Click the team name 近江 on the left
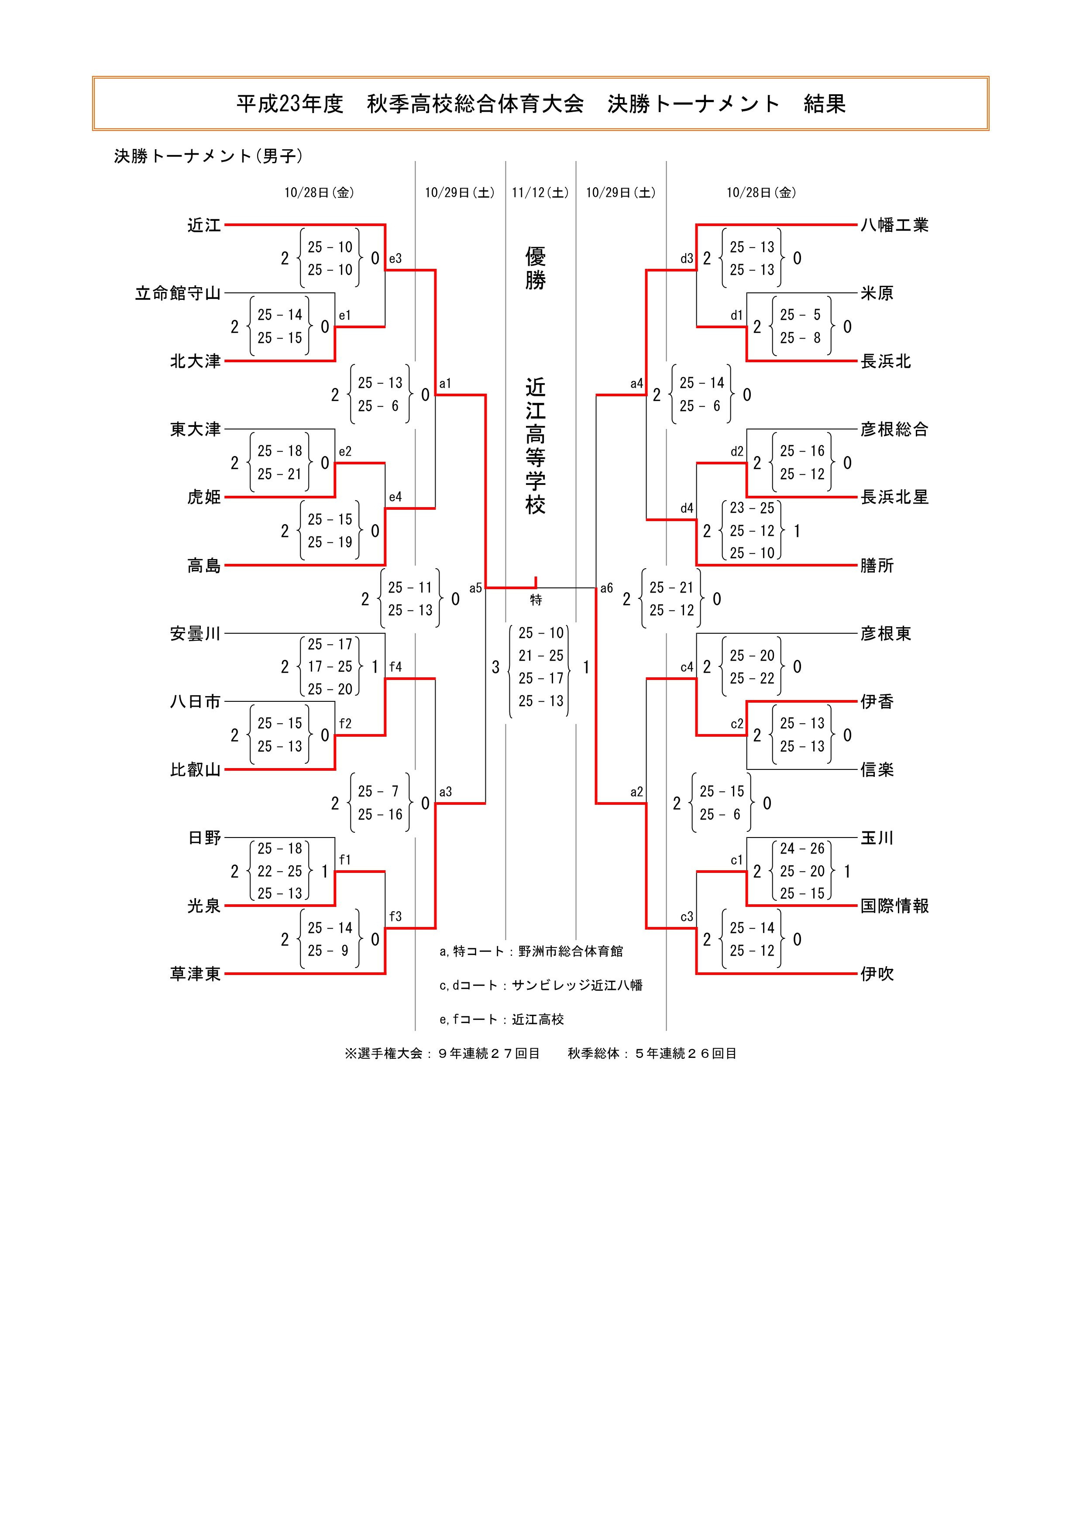tap(203, 225)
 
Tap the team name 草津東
tap(195, 974)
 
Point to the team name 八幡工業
tap(894, 225)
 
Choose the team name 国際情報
tap(894, 906)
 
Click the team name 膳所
tap(876, 566)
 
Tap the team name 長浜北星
tap(894, 498)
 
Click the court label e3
tap(395, 259)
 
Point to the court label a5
tap(475, 588)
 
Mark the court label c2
tap(737, 724)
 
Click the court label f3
tap(395, 917)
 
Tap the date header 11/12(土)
tap(540, 193)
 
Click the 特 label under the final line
tap(536, 600)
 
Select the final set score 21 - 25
tap(541, 656)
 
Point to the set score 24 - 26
tap(802, 849)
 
